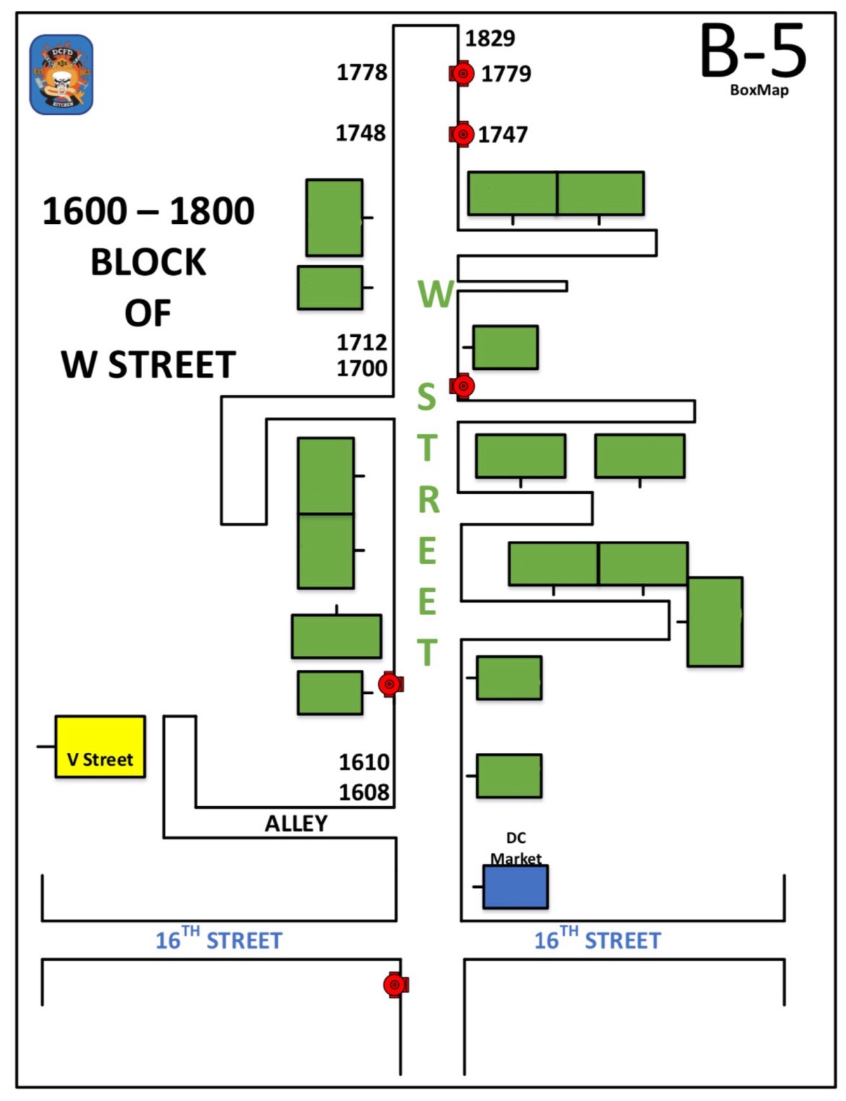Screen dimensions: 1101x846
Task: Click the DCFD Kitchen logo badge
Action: pos(62,75)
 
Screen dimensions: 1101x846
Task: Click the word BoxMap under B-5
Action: pos(759,90)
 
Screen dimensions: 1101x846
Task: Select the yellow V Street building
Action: pos(100,747)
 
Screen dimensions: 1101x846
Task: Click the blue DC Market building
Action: pos(516,887)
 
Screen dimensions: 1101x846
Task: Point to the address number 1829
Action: pos(490,39)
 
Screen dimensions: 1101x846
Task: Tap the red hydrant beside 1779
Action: pos(462,74)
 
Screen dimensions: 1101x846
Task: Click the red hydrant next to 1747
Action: pos(462,134)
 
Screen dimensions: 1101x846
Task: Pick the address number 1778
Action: pos(361,72)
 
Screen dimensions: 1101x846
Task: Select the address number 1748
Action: pos(360,133)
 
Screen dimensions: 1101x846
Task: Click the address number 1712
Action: pos(361,342)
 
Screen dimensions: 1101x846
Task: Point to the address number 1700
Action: pos(361,368)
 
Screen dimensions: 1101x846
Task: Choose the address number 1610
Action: pos(364,762)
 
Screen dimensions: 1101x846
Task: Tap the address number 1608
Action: pos(364,792)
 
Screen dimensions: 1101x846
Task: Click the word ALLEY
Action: pos(296,823)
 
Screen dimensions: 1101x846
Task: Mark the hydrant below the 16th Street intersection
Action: pos(396,985)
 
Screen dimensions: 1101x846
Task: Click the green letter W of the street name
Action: pos(436,294)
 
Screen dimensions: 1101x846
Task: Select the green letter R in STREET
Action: pos(429,500)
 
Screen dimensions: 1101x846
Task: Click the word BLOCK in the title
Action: pos(148,262)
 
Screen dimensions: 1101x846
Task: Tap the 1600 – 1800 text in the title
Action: pos(148,211)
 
